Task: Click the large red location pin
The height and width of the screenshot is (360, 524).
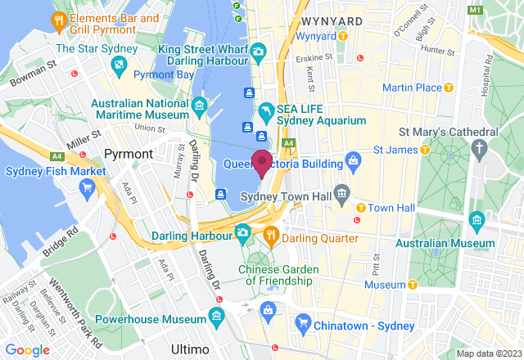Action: (262, 162)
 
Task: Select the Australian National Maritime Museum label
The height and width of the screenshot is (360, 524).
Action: (138, 110)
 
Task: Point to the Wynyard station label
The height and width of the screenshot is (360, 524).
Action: (316, 36)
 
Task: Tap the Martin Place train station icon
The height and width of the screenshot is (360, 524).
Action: (448, 88)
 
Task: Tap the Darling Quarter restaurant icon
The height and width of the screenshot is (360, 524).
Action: (272, 238)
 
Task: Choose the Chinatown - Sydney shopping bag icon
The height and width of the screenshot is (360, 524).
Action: (267, 309)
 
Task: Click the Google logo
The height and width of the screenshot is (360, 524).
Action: (27, 350)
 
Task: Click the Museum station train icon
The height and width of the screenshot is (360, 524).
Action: (413, 285)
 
